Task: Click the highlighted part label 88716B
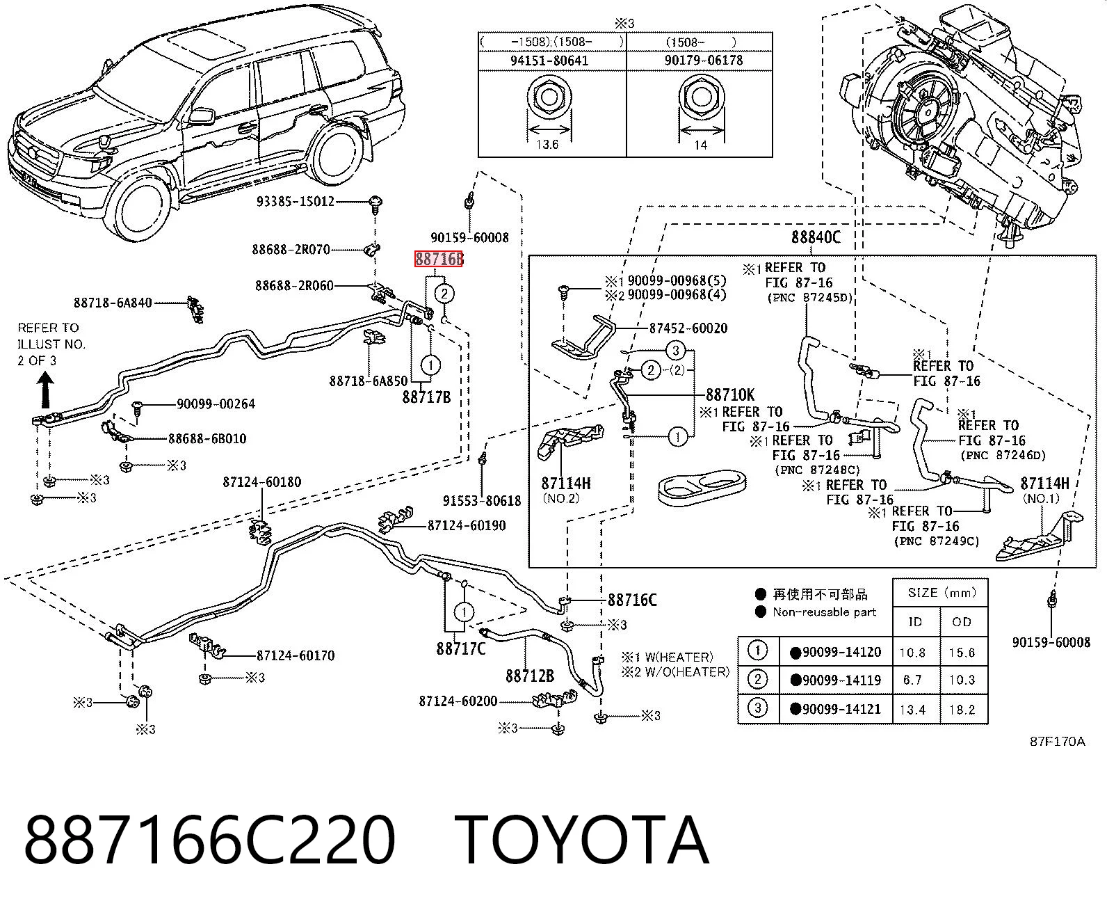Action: click(x=439, y=259)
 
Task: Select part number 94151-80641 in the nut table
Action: click(x=549, y=61)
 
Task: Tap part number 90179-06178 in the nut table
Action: click(x=704, y=60)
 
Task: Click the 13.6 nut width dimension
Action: click(x=547, y=144)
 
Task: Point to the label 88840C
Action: click(x=816, y=237)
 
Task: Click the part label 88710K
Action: click(x=730, y=394)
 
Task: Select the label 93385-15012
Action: click(x=296, y=202)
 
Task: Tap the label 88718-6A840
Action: click(x=113, y=303)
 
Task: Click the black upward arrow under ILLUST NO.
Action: click(x=46, y=389)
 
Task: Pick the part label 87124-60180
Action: click(x=262, y=482)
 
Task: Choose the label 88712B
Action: click(x=530, y=676)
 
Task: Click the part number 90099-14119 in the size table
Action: click(x=841, y=680)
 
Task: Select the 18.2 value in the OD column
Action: click(x=962, y=710)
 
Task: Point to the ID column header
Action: click(x=916, y=622)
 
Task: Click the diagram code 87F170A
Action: click(x=1058, y=742)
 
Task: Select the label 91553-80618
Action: click(x=482, y=500)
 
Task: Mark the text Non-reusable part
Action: click(x=825, y=612)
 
